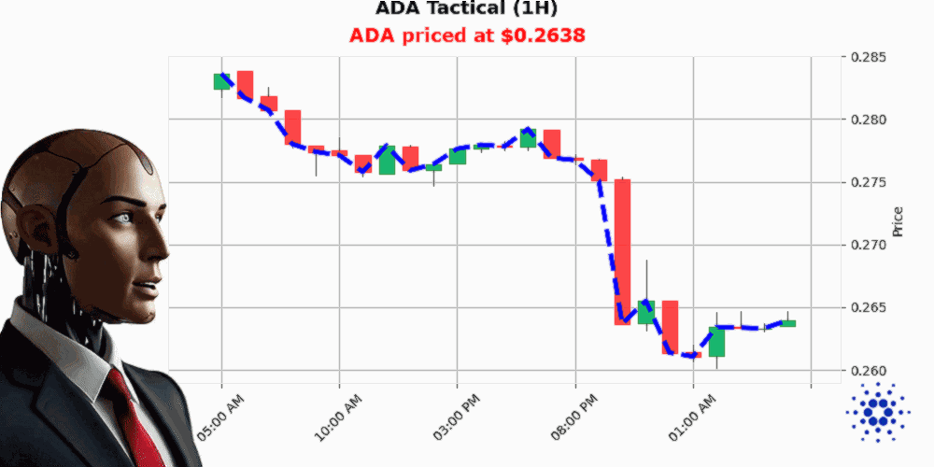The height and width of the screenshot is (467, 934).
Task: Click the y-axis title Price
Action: (899, 220)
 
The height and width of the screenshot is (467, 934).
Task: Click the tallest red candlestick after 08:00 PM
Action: (622, 251)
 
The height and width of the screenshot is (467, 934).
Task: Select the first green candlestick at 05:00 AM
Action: (221, 81)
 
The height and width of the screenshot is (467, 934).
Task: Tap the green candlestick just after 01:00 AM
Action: (716, 341)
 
